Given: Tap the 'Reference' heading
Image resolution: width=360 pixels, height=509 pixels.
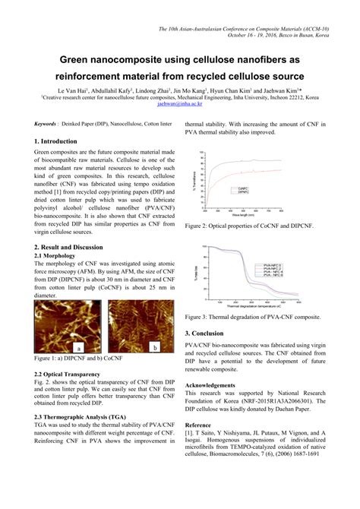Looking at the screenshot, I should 199,424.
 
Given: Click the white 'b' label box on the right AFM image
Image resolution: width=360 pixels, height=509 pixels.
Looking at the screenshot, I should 156,346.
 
